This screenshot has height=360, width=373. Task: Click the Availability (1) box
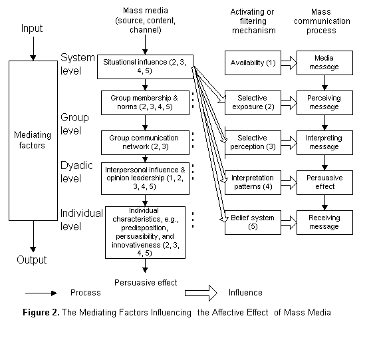[x=253, y=63]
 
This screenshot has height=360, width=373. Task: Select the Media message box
[x=324, y=63]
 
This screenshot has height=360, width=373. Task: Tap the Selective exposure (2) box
[x=253, y=102]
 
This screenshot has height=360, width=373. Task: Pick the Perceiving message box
[x=324, y=102]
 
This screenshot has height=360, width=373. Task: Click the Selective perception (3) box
[x=253, y=142]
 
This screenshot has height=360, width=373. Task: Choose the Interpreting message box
[x=324, y=142]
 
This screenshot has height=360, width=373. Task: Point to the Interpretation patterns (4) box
[x=253, y=182]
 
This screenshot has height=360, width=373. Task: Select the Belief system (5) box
[x=253, y=222]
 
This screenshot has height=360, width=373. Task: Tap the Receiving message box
[x=324, y=222]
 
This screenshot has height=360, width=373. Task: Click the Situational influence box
[x=145, y=67]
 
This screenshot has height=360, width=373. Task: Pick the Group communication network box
[x=145, y=142]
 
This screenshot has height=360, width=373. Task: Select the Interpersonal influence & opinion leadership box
[x=145, y=178]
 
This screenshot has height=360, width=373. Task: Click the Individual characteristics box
[x=145, y=232]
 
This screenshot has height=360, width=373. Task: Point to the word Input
[x=32, y=29]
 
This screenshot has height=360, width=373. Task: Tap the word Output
[x=32, y=260]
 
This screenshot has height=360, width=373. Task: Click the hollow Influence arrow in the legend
[x=201, y=293]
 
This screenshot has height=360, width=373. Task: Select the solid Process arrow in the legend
[x=41, y=293]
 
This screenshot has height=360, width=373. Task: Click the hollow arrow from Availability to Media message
[x=289, y=63]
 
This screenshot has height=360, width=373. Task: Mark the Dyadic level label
[x=76, y=172]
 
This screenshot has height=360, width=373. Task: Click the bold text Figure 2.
[x=41, y=312]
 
